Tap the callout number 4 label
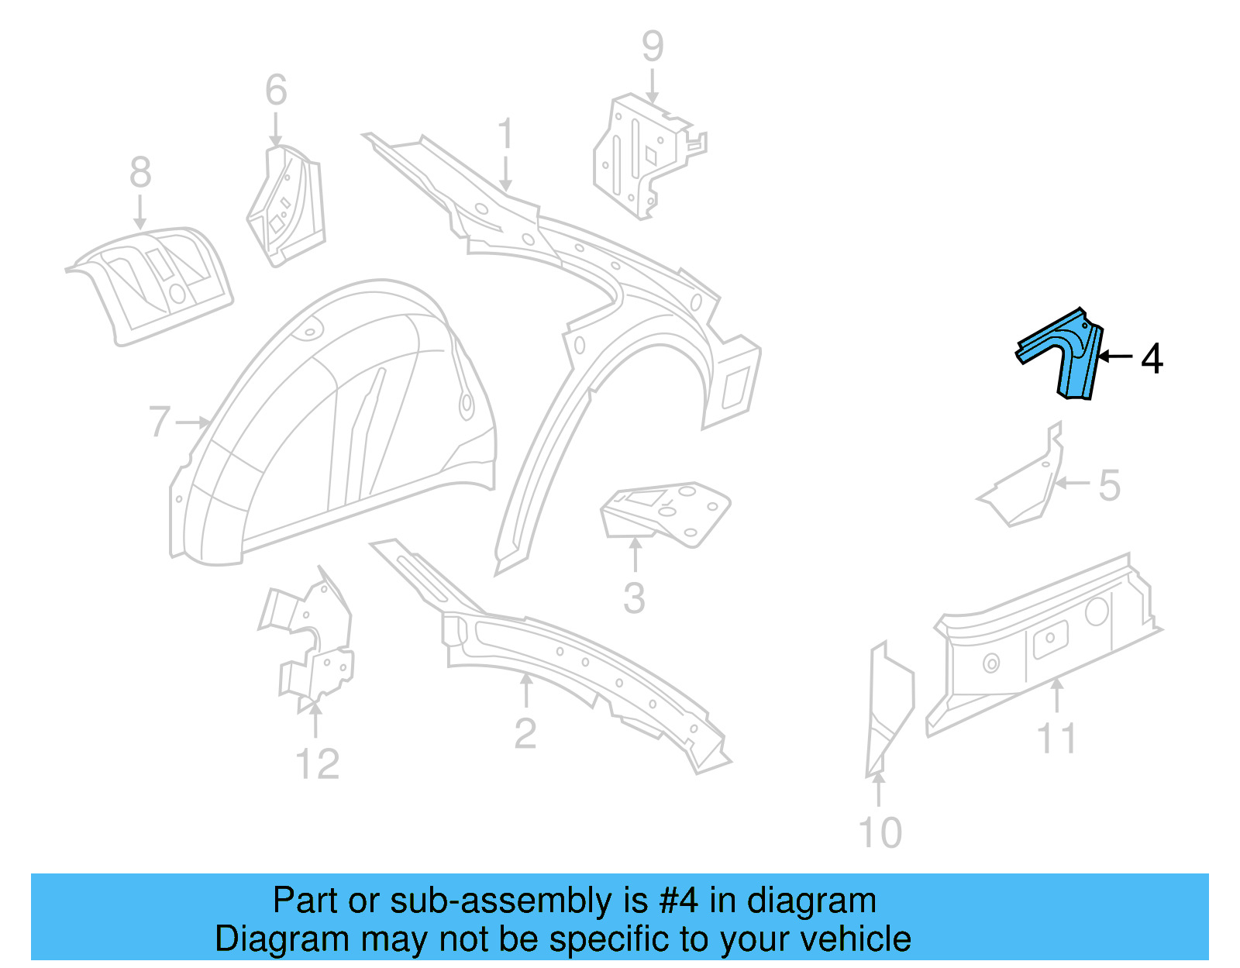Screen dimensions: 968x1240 (x=1152, y=359)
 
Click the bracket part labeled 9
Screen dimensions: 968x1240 (x=643, y=155)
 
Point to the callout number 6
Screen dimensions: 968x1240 (x=276, y=91)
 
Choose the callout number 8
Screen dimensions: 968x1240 (x=140, y=172)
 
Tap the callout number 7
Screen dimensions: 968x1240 (x=159, y=422)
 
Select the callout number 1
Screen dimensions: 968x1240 (x=505, y=134)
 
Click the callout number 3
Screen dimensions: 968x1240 (x=634, y=599)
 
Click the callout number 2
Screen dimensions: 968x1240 (x=525, y=734)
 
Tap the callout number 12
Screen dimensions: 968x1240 (x=317, y=765)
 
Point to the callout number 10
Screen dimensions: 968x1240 (x=880, y=833)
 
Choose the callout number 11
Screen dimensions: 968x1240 (x=1057, y=739)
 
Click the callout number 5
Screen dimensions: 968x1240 (x=1110, y=486)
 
